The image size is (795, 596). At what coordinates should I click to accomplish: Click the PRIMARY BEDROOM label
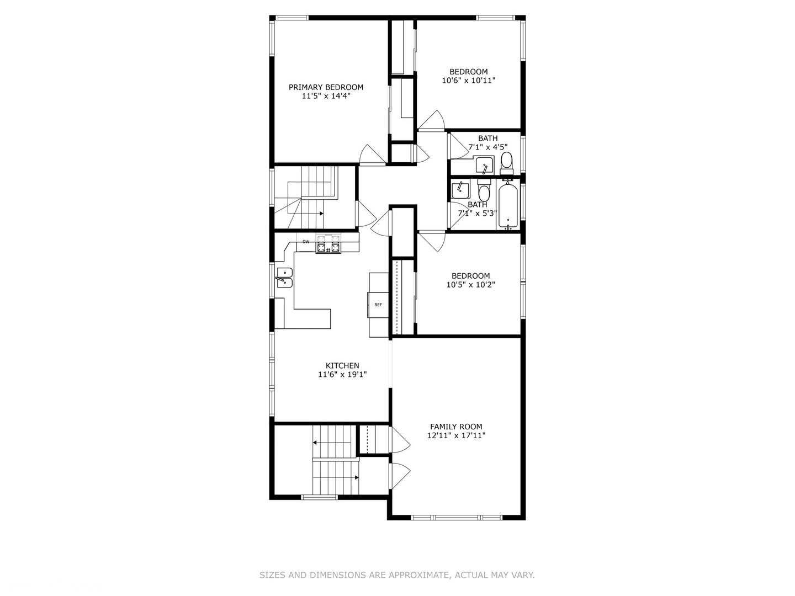[326, 87]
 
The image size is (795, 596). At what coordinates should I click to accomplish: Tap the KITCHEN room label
[342, 365]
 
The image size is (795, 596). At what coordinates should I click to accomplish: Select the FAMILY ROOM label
[456, 427]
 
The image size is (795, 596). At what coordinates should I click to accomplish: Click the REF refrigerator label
[378, 305]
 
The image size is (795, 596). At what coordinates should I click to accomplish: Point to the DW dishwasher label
[306, 242]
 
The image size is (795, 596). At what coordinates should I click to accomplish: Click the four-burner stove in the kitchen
[328, 244]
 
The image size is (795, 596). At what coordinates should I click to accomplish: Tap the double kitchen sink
[285, 278]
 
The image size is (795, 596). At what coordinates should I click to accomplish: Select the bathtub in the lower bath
[508, 205]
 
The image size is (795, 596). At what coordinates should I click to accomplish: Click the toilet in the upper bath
[506, 163]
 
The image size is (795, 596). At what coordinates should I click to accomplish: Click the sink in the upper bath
[484, 165]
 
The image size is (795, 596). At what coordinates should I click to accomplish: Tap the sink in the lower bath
[460, 190]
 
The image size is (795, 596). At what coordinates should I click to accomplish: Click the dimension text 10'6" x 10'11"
[468, 81]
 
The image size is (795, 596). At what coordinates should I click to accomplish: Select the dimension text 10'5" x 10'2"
[470, 284]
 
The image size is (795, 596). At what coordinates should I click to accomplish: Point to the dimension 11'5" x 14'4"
[326, 96]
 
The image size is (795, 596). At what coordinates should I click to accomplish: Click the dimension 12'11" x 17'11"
[456, 435]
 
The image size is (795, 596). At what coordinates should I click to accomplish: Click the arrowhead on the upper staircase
[321, 214]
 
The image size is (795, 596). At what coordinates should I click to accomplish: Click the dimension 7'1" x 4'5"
[487, 147]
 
